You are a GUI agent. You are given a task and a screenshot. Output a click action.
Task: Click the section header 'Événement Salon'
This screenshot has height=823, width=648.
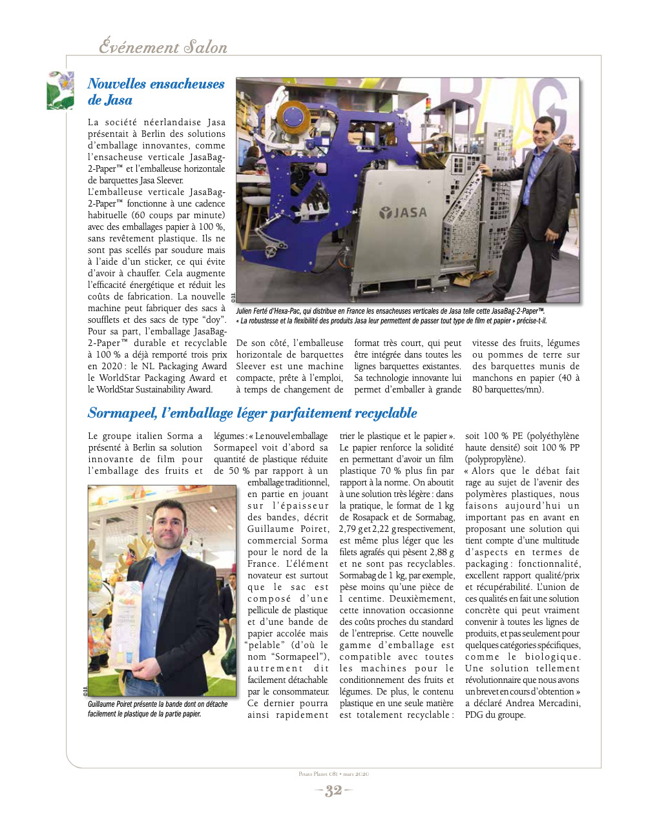tap(163, 47)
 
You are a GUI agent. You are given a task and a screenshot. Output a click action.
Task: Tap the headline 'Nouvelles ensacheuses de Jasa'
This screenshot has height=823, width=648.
tap(156, 92)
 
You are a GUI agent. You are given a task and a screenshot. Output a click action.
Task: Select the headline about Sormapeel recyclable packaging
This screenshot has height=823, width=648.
tap(252, 413)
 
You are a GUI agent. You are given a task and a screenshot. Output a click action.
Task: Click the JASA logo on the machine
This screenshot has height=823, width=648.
tap(403, 212)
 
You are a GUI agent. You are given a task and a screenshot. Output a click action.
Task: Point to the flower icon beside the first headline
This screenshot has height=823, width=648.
tap(60, 90)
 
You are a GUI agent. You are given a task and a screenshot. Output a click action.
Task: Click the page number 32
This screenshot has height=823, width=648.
tap(333, 791)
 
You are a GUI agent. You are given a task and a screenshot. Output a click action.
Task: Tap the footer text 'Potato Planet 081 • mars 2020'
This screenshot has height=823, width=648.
tap(333, 774)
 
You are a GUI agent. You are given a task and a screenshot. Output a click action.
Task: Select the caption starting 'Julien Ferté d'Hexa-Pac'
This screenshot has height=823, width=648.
tap(390, 311)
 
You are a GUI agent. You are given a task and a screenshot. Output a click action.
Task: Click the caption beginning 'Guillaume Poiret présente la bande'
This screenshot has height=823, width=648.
tap(158, 709)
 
